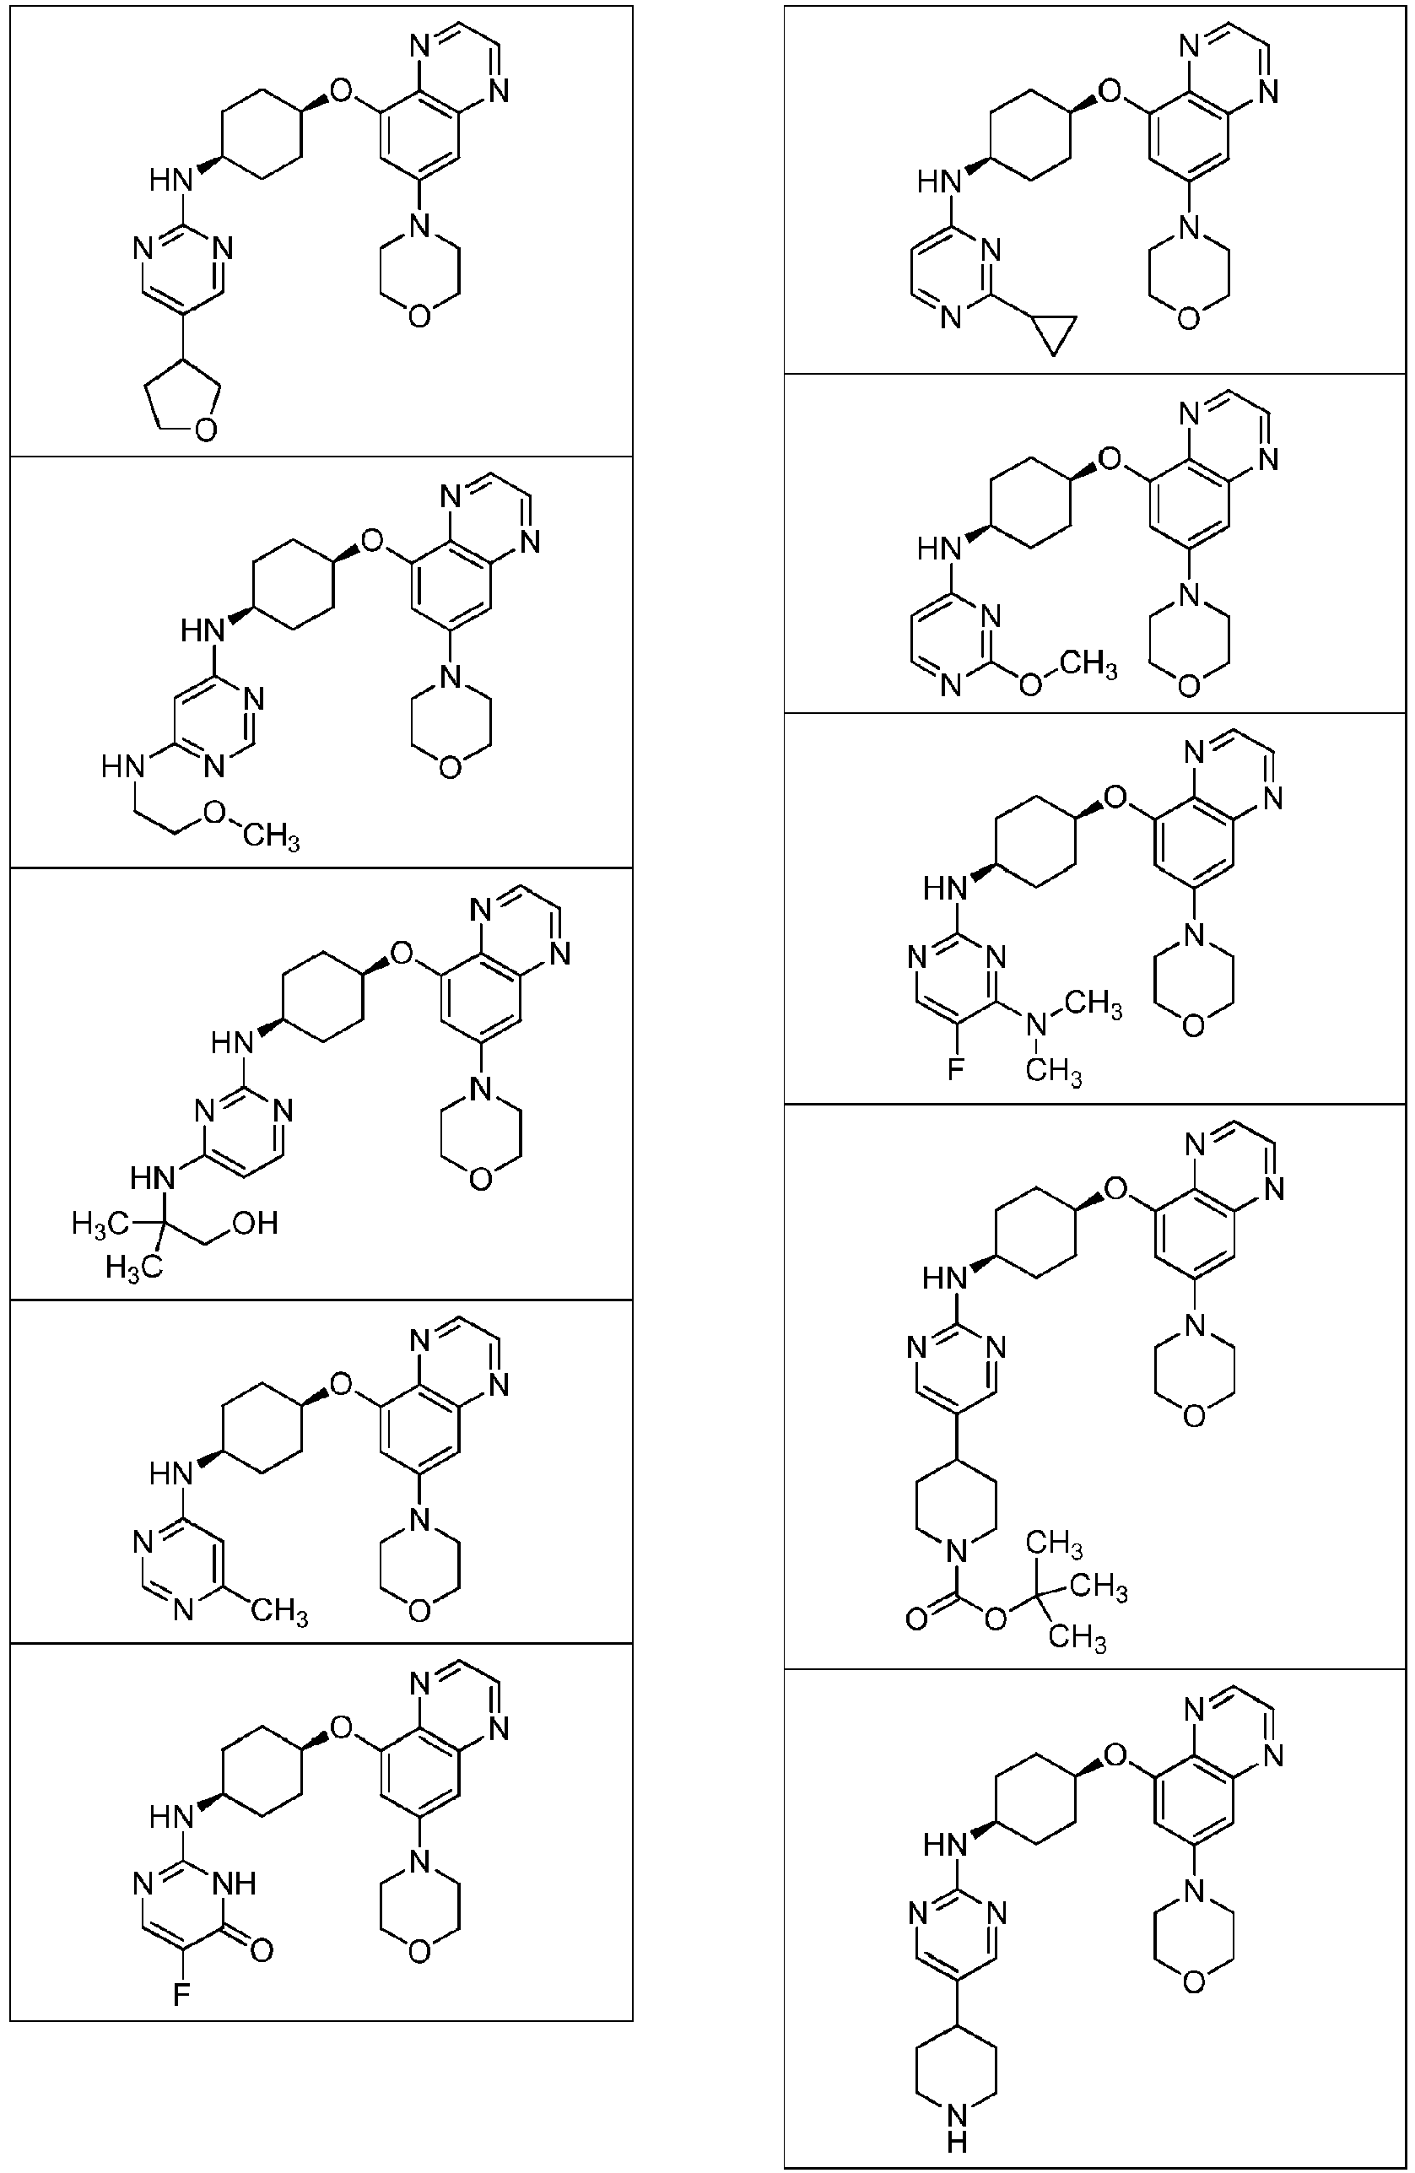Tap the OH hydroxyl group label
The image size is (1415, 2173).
[255, 1223]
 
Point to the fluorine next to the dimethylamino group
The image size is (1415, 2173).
[955, 1068]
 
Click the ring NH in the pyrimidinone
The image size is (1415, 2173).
[235, 1883]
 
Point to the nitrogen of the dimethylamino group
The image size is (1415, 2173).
[1034, 1026]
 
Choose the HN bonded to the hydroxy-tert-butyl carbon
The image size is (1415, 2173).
[153, 1178]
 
